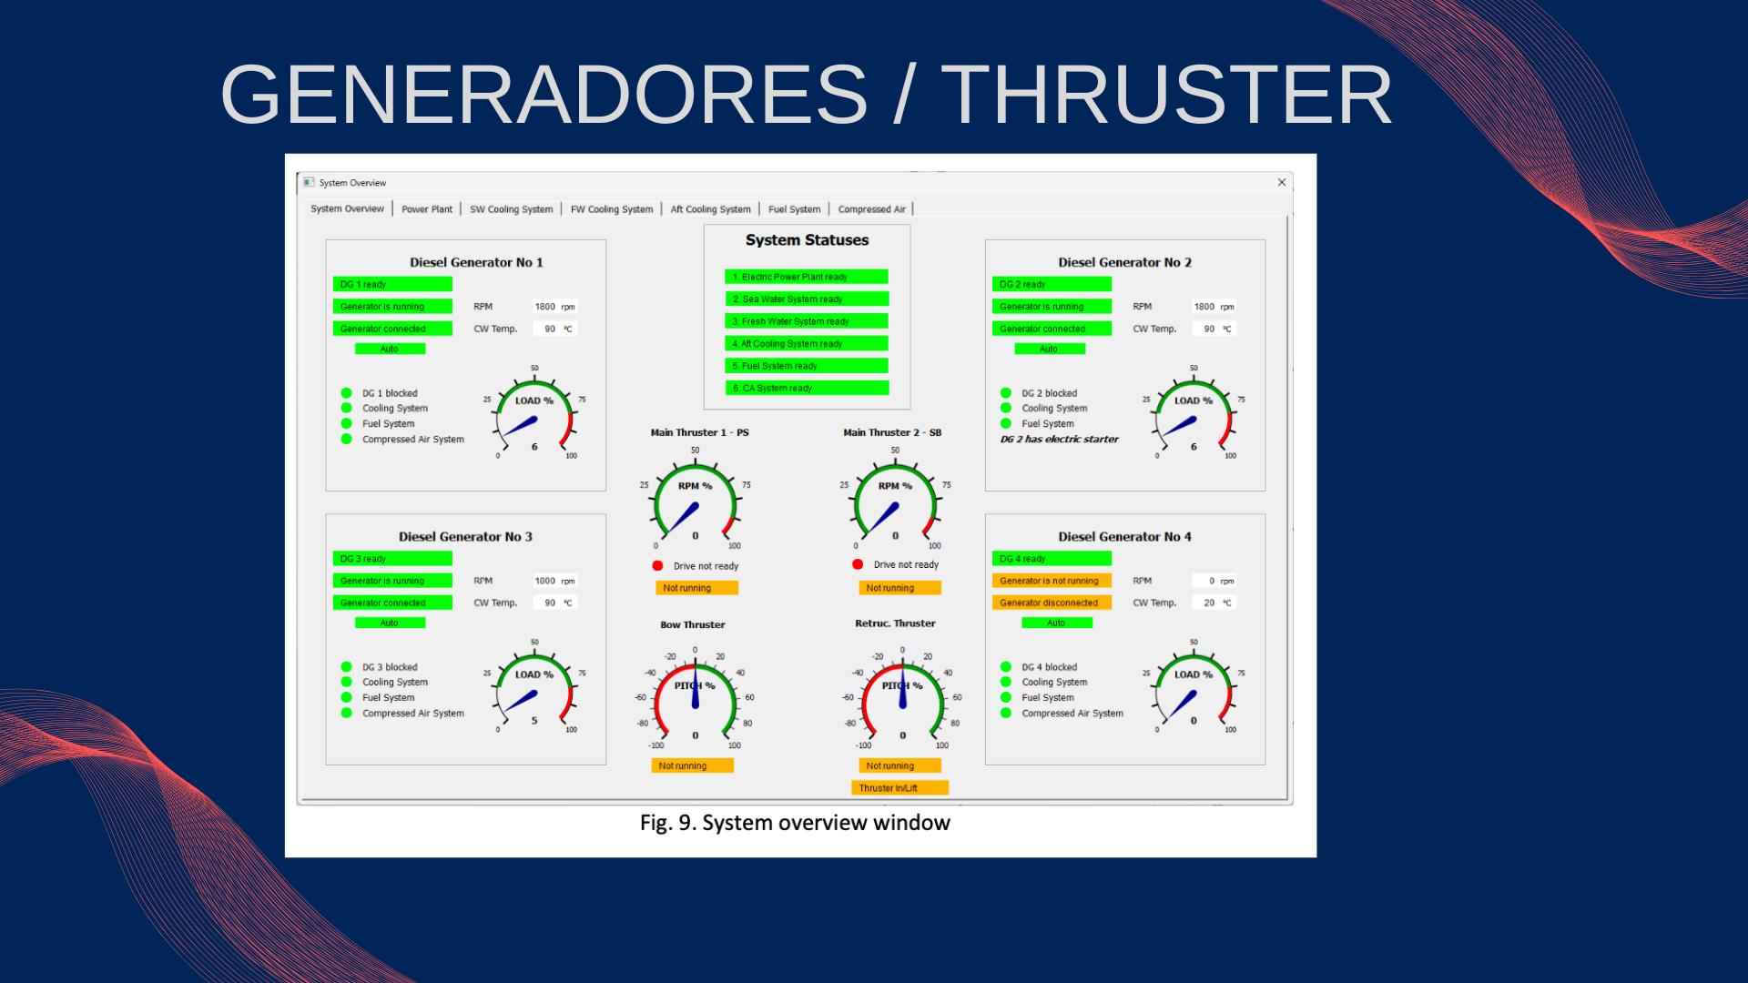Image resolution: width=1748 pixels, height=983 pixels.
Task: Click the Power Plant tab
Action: tap(427, 209)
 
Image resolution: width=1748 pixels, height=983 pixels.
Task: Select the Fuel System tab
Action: tap(794, 209)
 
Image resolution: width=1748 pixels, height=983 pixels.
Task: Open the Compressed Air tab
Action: tap(871, 209)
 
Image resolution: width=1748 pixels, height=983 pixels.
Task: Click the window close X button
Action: tap(1282, 182)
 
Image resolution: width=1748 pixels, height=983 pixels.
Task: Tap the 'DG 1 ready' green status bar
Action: tap(392, 284)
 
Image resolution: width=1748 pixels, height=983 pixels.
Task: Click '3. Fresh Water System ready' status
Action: tap(806, 321)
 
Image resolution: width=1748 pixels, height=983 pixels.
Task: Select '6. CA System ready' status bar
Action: tap(806, 388)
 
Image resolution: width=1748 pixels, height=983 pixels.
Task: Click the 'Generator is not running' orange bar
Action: tap(1051, 581)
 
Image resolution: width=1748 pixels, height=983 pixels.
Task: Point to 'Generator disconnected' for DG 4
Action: tap(1051, 603)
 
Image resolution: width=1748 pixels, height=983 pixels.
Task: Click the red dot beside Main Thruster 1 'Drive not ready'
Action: tap(657, 565)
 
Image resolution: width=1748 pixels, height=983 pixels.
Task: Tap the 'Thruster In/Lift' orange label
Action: tap(899, 788)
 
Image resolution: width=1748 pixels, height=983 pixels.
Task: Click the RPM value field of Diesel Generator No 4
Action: tap(1214, 581)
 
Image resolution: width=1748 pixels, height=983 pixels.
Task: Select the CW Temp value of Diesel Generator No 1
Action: tap(554, 329)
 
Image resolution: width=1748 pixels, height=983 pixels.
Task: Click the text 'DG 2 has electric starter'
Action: tap(1059, 439)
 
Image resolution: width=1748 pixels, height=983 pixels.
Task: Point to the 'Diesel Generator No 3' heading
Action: tap(465, 537)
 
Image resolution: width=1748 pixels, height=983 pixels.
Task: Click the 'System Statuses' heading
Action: tap(807, 240)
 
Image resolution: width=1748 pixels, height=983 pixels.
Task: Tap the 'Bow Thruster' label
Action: tap(693, 625)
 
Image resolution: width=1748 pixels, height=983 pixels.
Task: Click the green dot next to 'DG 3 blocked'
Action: tap(346, 667)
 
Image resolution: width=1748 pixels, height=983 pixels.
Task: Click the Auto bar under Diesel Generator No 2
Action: tap(1049, 349)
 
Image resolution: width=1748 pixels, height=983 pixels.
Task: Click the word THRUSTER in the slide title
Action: tap(1166, 95)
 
